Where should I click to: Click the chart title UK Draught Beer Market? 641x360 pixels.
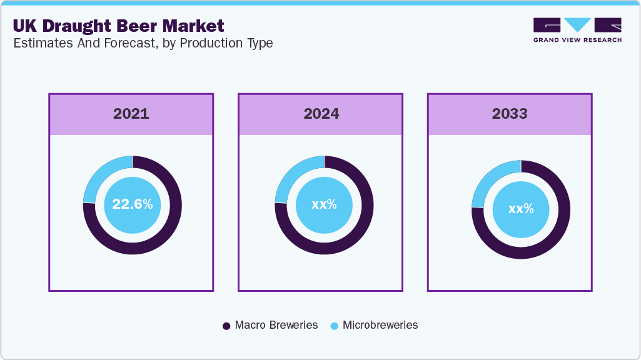(118, 26)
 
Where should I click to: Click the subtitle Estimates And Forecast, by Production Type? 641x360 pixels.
(142, 44)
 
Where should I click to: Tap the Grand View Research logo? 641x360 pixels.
(577, 30)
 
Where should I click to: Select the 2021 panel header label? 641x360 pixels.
(131, 114)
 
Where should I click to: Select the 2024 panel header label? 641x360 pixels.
(321, 114)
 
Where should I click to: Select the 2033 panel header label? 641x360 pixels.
(509, 114)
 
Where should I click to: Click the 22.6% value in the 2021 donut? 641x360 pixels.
(132, 204)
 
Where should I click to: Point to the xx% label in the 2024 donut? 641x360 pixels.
(324, 204)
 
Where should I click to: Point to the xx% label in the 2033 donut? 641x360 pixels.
(521, 209)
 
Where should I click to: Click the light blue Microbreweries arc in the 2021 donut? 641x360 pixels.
(100, 175)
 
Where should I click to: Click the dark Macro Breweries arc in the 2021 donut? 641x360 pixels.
(156, 237)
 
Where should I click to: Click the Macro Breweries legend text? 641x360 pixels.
(276, 325)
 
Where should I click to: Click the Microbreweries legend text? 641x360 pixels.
(380, 325)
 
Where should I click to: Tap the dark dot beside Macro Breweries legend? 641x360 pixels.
(227, 326)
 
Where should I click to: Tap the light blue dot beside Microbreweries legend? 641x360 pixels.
(335, 326)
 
